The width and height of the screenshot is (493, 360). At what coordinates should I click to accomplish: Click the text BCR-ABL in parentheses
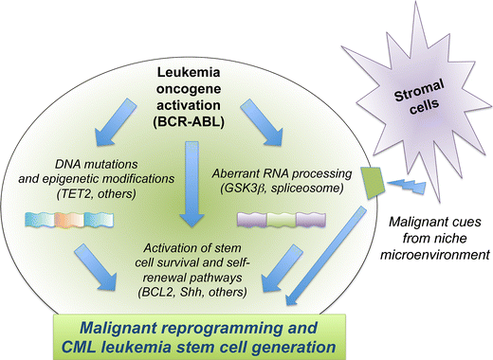[x=189, y=122]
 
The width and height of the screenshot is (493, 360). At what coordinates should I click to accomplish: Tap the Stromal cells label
[x=420, y=98]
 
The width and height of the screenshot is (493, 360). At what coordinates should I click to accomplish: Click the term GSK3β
[x=243, y=189]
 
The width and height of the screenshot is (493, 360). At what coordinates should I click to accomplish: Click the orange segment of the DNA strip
[x=69, y=220]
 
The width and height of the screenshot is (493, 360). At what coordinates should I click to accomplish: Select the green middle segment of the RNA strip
[x=282, y=220]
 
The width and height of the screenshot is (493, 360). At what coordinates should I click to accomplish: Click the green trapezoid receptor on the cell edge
[x=373, y=183]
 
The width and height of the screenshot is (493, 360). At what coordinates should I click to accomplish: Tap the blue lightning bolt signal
[x=407, y=187]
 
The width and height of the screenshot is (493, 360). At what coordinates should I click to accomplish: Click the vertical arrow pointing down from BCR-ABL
[x=192, y=184]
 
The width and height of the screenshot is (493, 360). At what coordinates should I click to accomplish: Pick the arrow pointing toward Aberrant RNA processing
[x=261, y=122]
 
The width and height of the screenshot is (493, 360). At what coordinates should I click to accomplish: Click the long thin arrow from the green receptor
[x=325, y=257]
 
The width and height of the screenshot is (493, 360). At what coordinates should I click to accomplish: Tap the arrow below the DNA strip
[x=95, y=267]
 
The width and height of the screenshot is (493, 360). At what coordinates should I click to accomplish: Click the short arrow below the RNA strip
[x=283, y=268]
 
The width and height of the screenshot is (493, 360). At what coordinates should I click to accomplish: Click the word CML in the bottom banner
[x=81, y=347]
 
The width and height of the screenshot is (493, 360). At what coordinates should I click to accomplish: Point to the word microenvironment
[x=435, y=255]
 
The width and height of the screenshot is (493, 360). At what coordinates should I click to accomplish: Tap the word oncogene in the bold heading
[x=189, y=89]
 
